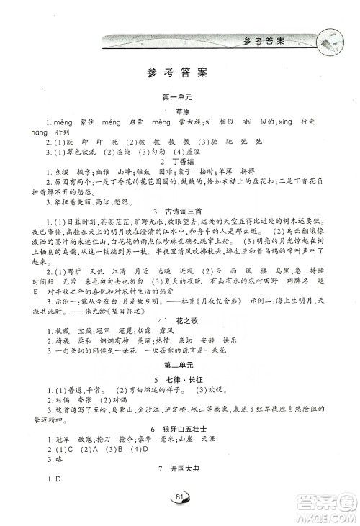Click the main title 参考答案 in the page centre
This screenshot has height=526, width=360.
coord(176,72)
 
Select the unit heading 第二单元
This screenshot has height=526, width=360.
coord(176,368)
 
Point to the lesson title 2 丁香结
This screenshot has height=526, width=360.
coord(176,163)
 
